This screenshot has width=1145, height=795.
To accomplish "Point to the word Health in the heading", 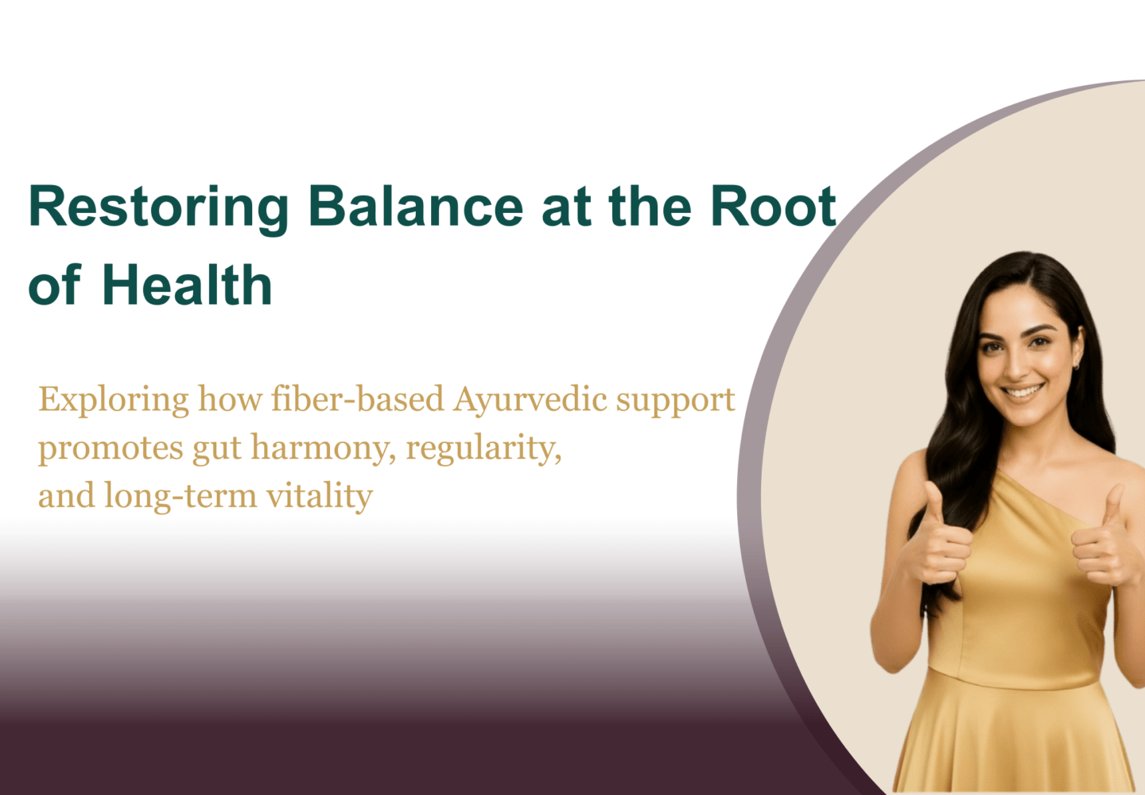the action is coord(187,284).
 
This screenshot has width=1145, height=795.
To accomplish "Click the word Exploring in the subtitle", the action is coord(114,401).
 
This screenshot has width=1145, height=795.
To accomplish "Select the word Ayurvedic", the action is coord(530,401).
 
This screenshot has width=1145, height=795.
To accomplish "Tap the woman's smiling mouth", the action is coord(1022,392).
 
